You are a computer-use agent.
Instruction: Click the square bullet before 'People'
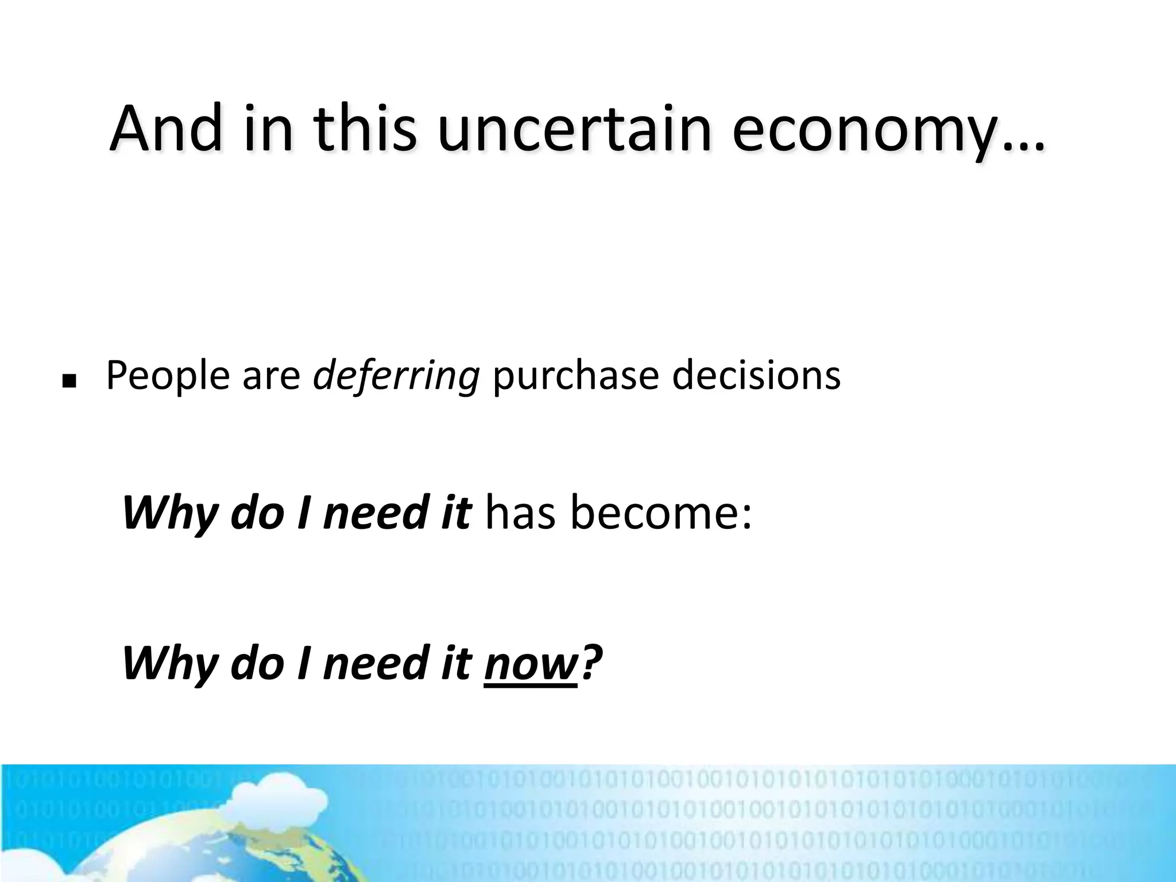[69, 381]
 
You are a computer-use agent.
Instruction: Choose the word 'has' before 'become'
[520, 512]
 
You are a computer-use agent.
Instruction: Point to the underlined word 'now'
[530, 664]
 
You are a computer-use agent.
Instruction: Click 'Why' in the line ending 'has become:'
[169, 513]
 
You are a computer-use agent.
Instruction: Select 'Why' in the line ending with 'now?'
[169, 664]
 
